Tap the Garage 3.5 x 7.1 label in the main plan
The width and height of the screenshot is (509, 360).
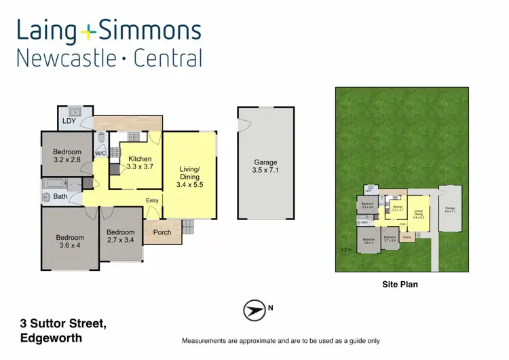pos(265,167)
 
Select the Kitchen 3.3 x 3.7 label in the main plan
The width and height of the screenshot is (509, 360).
pos(139,164)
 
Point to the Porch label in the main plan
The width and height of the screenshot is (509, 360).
pos(163,232)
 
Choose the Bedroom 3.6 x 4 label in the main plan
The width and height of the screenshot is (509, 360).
pos(70,241)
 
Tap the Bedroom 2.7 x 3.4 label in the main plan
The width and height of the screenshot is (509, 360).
pos(121,236)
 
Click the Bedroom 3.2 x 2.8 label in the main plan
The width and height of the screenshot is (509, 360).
pos(67,156)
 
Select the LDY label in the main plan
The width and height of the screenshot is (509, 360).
pos(69,122)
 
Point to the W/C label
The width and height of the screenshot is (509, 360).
pos(100,154)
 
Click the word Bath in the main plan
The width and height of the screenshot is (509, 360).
pos(60,197)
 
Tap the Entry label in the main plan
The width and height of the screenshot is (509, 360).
pos(153,200)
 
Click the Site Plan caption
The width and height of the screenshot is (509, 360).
pos(400,285)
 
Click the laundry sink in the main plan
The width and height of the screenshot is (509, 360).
pos(75,111)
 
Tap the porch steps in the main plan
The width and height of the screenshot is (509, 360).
pos(188,227)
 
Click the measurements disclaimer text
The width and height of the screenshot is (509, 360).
pos(280,340)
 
